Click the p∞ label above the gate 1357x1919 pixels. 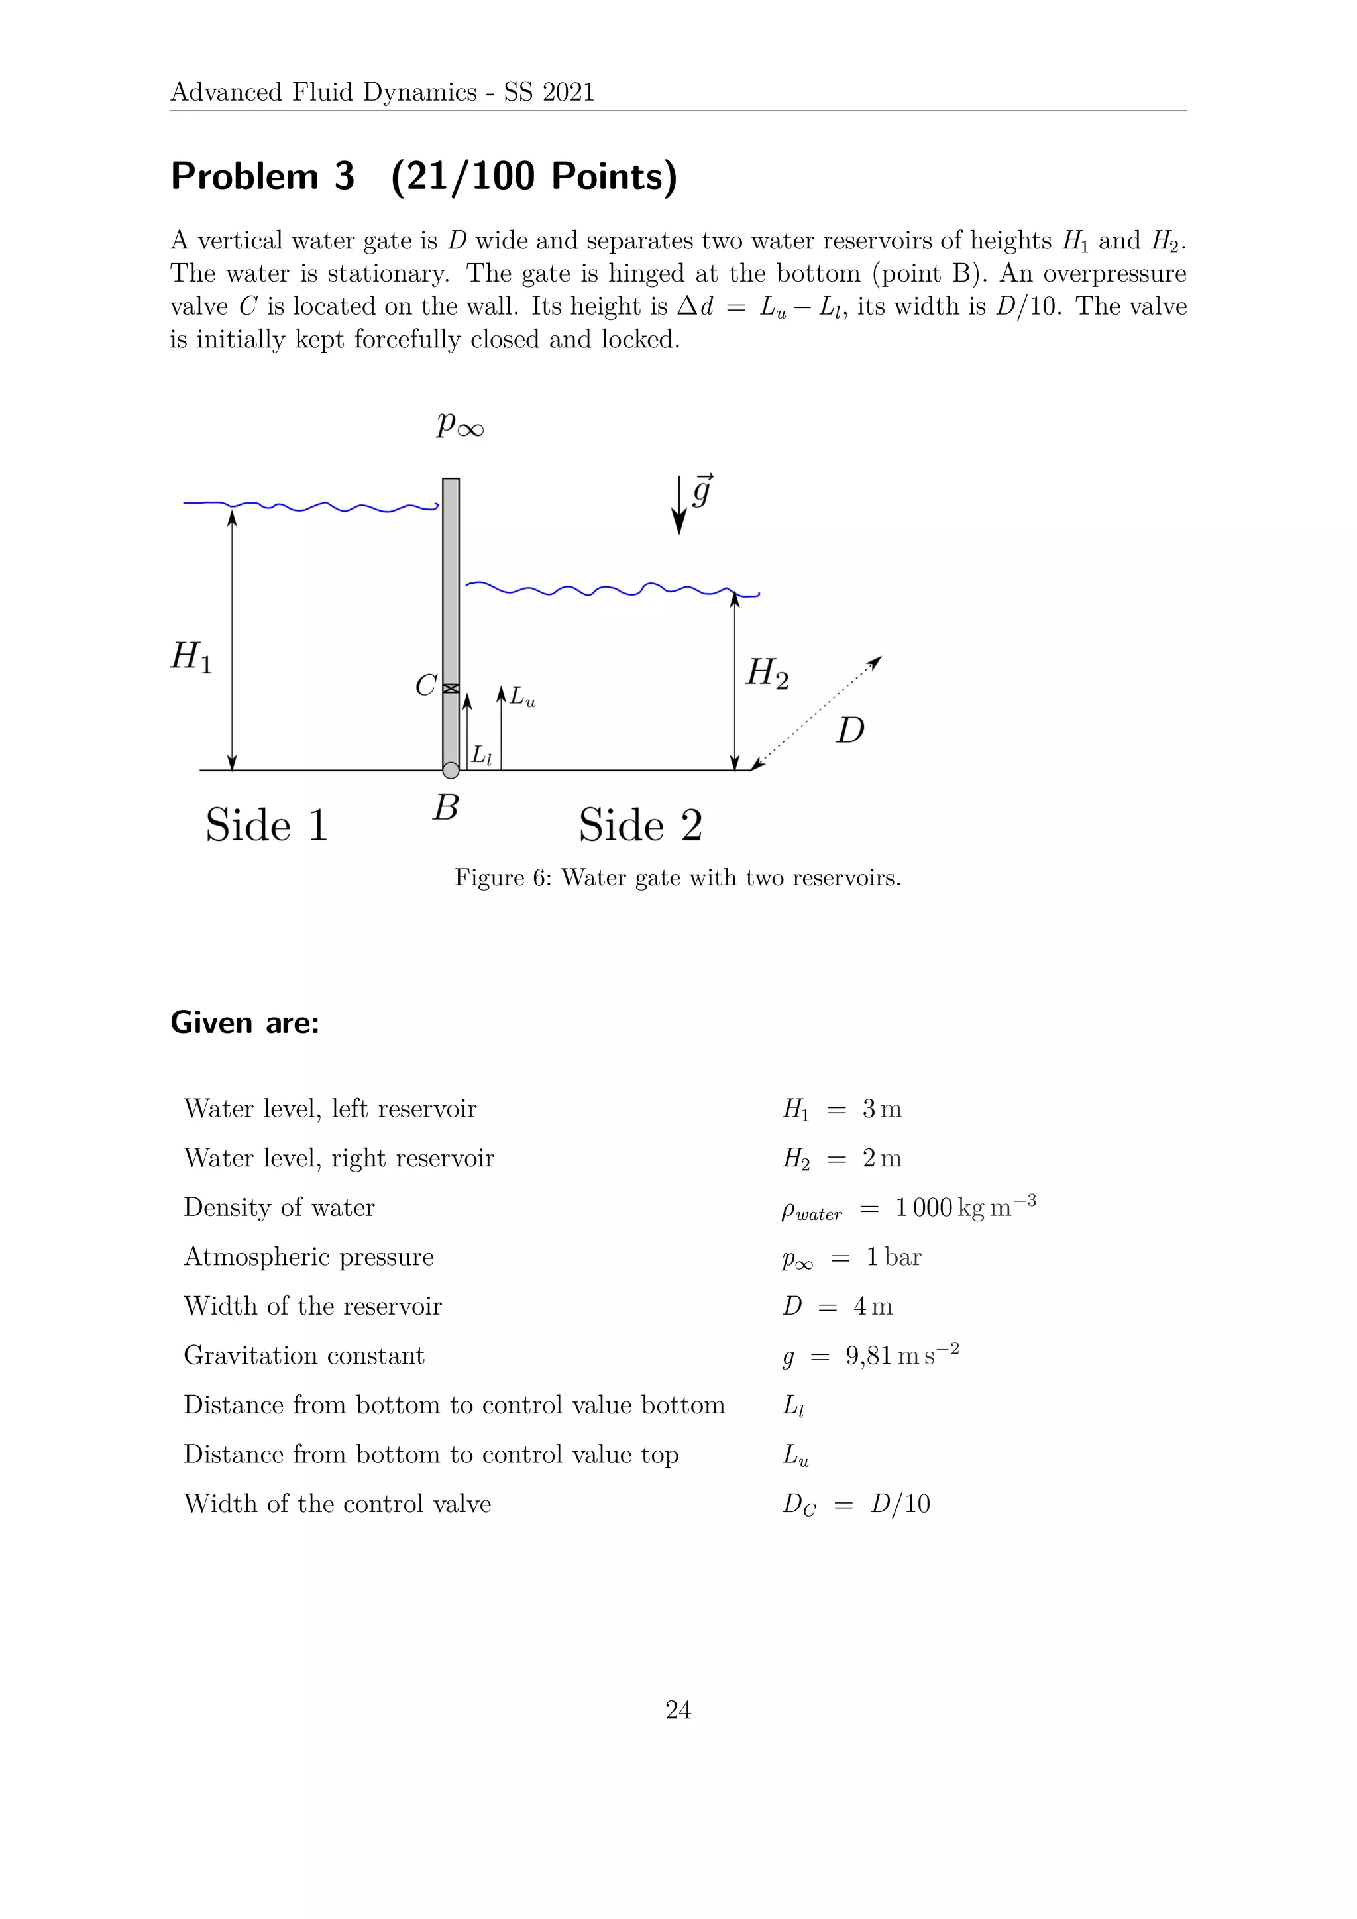(459, 425)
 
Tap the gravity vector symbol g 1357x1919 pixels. (702, 492)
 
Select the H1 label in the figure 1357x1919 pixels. (191, 657)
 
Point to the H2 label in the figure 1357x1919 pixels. (766, 673)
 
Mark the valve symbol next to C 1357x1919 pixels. (451, 688)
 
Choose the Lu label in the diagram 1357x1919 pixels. (522, 697)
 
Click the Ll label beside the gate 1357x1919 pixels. (481, 755)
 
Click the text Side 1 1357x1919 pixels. (266, 825)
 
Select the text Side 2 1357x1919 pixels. (640, 825)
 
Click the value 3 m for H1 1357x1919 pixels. (881, 1109)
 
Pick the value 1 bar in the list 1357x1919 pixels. (893, 1257)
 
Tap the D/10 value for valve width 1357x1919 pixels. (900, 1504)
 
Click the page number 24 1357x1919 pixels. (678, 1710)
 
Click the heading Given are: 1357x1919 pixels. (244, 1023)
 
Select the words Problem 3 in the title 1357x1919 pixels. (262, 176)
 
